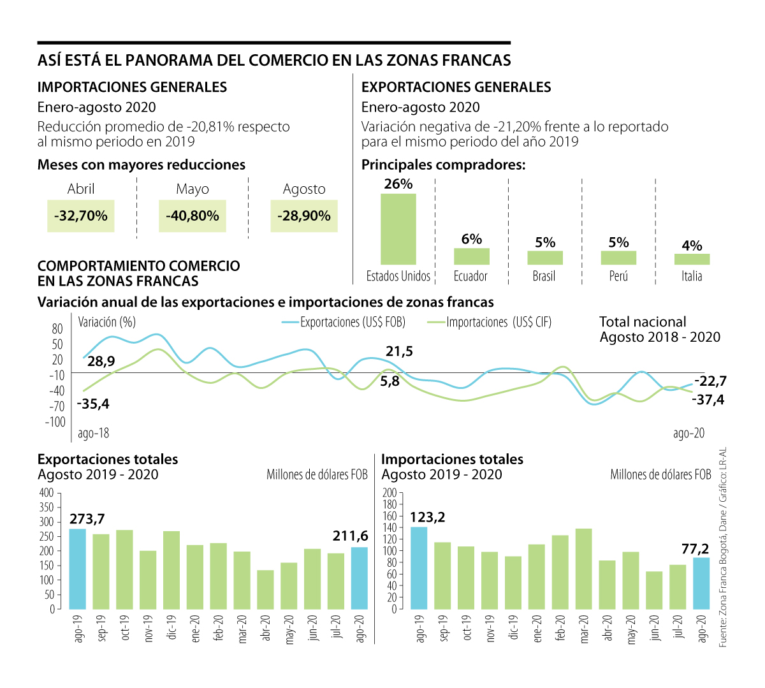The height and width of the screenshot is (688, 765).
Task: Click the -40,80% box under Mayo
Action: click(192, 216)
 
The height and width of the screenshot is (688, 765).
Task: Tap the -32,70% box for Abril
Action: click(80, 216)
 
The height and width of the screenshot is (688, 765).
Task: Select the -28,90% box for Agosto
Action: click(304, 216)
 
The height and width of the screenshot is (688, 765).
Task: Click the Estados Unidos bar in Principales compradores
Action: click(398, 229)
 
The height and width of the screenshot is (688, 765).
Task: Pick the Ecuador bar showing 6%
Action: click(472, 256)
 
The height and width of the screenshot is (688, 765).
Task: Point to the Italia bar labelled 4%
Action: click(692, 259)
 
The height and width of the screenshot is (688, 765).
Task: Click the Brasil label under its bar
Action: click(544, 276)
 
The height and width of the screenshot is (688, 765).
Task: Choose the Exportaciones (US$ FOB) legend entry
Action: click(344, 322)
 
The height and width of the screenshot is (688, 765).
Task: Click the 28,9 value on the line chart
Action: click(101, 362)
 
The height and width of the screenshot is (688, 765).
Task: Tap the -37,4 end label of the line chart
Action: click(708, 400)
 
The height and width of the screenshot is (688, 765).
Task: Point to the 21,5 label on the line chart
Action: click(399, 351)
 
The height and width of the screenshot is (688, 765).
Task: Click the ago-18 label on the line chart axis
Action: click(93, 434)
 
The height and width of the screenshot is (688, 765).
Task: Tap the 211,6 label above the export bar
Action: click(350, 536)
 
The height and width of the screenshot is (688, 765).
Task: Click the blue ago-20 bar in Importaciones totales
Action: click(701, 583)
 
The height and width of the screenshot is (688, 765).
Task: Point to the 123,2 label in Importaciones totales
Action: click(427, 517)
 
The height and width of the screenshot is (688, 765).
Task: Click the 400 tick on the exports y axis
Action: click(47, 493)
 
